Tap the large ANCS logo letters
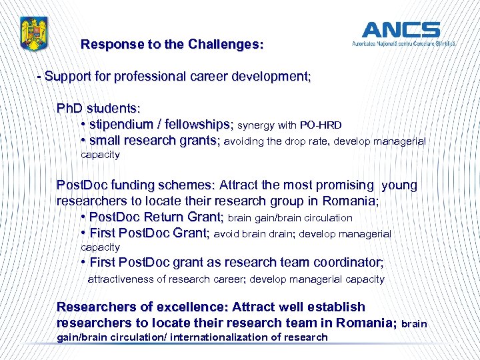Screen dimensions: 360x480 tap(401, 30)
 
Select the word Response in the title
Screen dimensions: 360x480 tap(109, 45)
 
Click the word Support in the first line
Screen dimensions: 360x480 tap(68, 77)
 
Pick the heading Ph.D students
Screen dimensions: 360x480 tap(98, 108)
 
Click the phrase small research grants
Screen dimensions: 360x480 tap(154, 141)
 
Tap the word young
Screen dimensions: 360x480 tap(399, 185)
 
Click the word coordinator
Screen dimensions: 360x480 tap(345, 263)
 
